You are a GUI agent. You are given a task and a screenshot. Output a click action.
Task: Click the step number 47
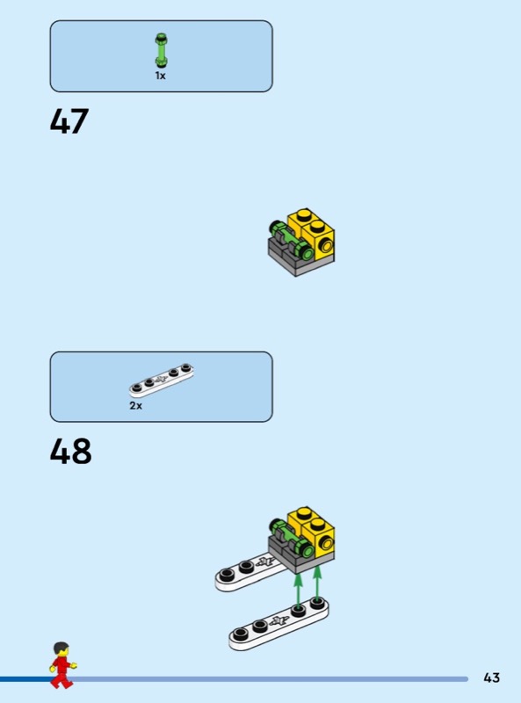69,121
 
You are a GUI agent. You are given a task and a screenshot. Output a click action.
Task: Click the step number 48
70,451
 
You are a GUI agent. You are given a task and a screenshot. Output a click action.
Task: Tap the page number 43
491,678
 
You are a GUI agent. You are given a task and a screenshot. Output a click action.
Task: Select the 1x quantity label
160,76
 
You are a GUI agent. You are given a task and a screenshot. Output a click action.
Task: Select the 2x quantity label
135,405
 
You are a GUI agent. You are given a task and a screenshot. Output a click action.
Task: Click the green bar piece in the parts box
161,50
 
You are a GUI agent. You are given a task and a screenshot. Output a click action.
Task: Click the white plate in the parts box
162,380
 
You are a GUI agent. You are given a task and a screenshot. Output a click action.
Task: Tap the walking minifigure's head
61,649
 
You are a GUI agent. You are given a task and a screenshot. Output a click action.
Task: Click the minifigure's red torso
62,664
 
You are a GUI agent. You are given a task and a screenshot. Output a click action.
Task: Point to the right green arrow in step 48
317,583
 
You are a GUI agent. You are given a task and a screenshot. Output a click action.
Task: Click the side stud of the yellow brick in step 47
325,246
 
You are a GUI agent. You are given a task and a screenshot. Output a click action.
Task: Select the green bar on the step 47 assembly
291,240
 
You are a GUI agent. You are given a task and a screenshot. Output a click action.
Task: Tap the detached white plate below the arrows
279,623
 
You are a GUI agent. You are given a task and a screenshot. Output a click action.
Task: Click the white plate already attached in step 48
251,572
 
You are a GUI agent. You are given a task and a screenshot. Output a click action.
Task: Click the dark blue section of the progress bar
25,678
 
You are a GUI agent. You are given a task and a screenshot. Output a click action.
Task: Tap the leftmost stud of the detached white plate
241,634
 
